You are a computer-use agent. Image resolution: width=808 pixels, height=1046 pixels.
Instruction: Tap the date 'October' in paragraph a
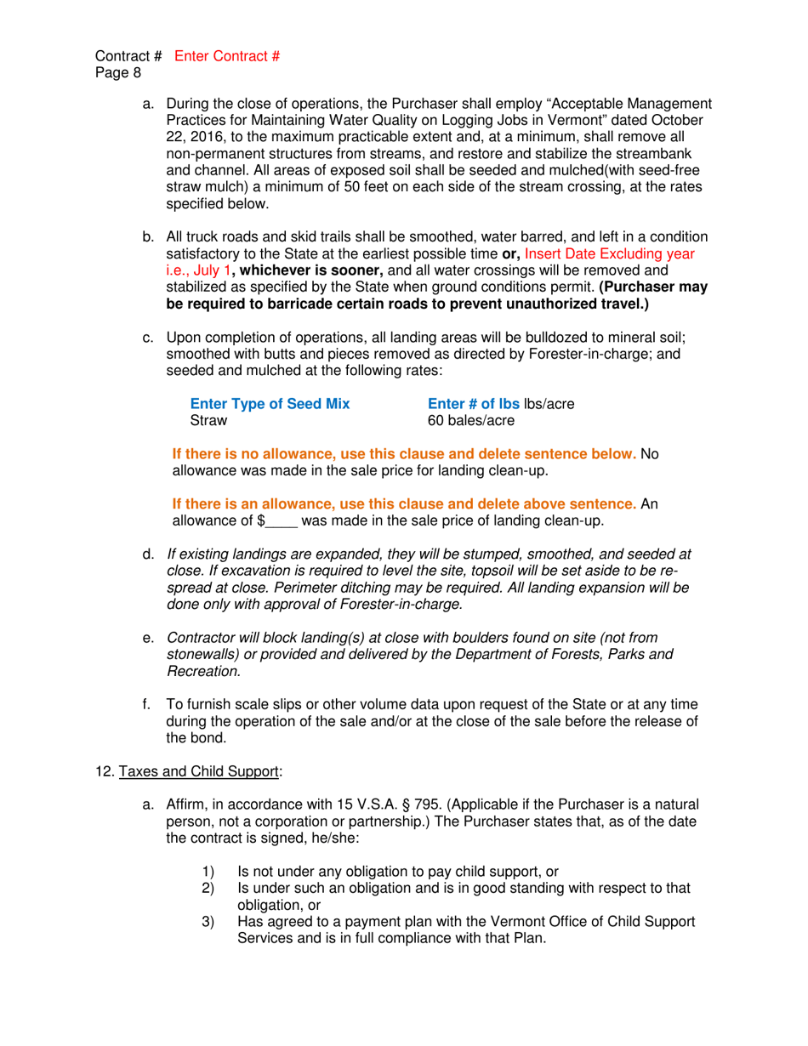click(686, 120)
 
